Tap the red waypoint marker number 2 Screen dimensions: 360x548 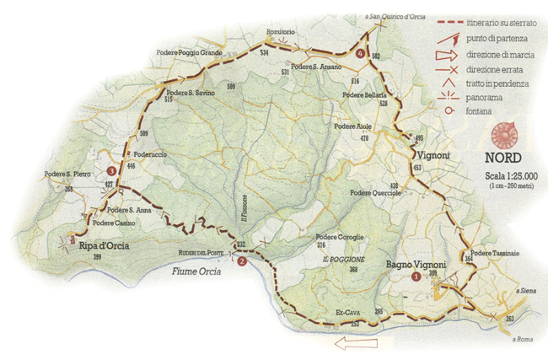click(x=242, y=261)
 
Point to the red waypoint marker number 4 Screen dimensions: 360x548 click(x=361, y=53)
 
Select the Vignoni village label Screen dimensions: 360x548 click(x=432, y=155)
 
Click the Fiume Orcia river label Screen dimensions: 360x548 click(x=196, y=272)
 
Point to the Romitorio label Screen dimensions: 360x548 click(x=280, y=31)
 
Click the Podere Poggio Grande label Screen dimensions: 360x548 click(x=190, y=52)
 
